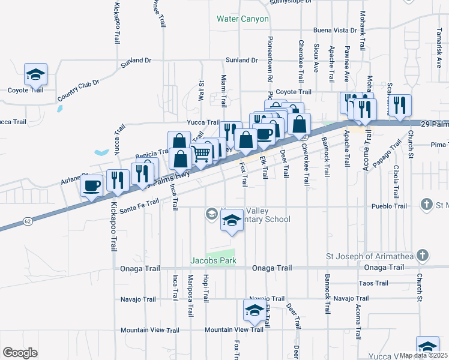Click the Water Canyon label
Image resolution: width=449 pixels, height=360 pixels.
(243, 19)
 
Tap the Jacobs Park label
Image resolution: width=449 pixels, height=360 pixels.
(213, 261)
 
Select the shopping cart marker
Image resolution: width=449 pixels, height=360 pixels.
(202, 154)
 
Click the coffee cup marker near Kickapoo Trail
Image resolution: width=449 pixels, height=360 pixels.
(92, 185)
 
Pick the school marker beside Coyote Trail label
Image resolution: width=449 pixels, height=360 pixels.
(35, 76)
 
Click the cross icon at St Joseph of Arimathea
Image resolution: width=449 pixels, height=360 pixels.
(423, 255)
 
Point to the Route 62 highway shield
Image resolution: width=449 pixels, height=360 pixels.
(28, 221)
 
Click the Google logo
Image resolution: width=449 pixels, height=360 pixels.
(20, 353)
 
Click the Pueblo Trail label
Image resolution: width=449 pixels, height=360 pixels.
(391, 206)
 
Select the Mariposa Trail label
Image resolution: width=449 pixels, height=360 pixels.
(190, 296)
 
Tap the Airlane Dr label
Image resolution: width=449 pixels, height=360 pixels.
(74, 178)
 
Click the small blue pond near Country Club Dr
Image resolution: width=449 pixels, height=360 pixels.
(59, 109)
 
